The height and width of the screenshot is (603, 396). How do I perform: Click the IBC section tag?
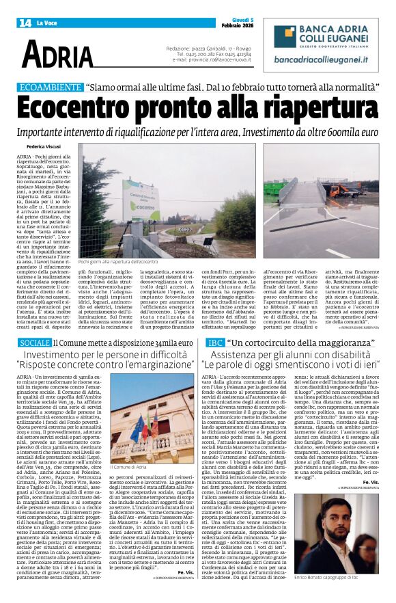coord(216,342)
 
